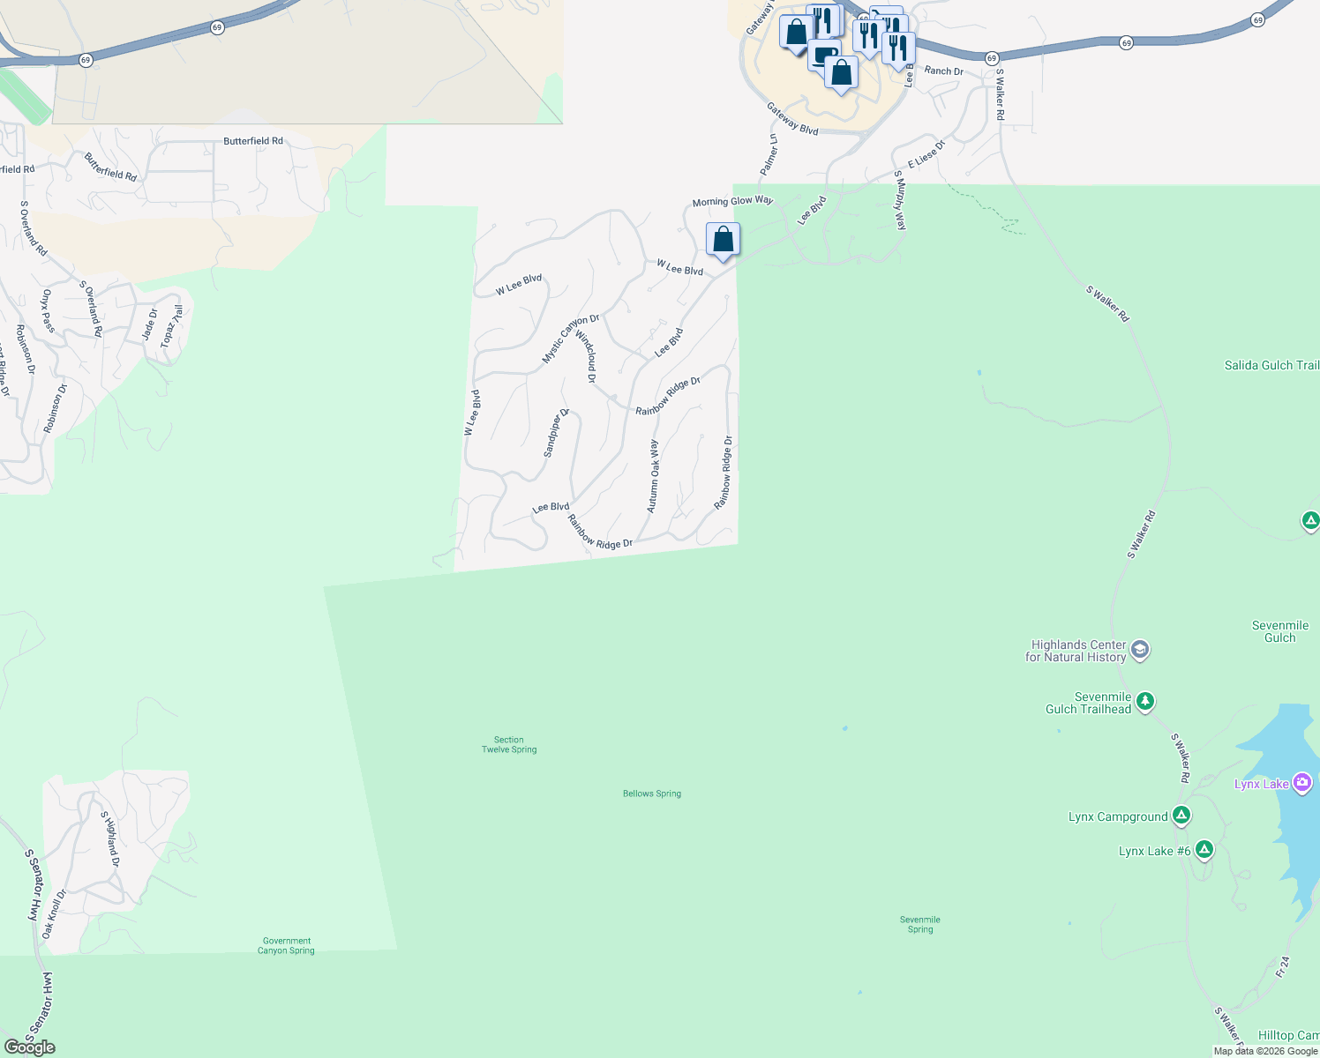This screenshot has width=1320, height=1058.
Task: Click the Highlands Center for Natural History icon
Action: click(x=1139, y=651)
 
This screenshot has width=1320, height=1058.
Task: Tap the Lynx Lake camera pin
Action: click(x=1301, y=783)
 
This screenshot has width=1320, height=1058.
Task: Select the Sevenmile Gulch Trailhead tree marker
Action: click(x=1145, y=702)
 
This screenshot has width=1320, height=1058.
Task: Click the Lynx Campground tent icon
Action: click(x=1181, y=816)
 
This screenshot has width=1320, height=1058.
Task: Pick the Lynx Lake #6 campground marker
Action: click(x=1204, y=850)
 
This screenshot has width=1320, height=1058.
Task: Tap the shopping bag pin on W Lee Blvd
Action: click(x=723, y=240)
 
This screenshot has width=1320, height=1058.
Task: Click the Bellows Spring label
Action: click(x=652, y=793)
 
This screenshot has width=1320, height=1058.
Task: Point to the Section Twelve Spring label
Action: click(x=509, y=745)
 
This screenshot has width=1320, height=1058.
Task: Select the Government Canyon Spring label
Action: click(x=286, y=946)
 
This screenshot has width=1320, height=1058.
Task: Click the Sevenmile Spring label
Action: click(x=919, y=924)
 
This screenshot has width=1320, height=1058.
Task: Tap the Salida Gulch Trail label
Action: click(x=1271, y=365)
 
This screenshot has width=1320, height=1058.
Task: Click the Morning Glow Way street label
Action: click(x=732, y=201)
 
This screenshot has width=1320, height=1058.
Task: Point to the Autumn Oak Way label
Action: click(x=653, y=476)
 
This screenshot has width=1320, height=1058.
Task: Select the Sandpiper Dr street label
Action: click(x=556, y=433)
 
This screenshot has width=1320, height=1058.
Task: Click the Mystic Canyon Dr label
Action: click(x=570, y=339)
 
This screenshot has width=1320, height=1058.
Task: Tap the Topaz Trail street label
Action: click(x=172, y=326)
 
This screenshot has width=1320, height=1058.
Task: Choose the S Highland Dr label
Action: click(x=109, y=838)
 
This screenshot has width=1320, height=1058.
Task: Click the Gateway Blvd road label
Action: click(x=792, y=119)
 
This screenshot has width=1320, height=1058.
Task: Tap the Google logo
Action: click(x=30, y=1047)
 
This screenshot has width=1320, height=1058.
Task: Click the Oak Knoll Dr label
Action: click(x=54, y=913)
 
